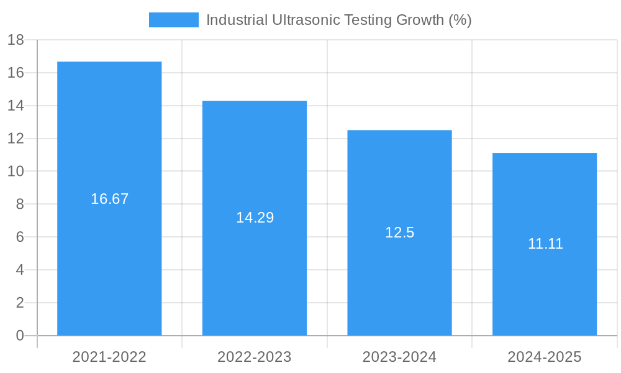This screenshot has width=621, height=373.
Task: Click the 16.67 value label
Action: [x=109, y=199]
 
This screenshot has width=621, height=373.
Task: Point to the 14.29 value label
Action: [x=255, y=218]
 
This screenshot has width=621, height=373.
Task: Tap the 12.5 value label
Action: [x=399, y=233]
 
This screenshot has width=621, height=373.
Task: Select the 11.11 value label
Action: [x=545, y=244]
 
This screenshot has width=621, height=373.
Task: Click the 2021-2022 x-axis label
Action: [x=109, y=357]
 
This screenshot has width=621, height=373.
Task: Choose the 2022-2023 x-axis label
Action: [x=255, y=357]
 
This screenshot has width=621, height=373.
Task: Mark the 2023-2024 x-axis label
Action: [x=399, y=357]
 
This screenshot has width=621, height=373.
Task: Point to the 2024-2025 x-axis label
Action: [x=545, y=357]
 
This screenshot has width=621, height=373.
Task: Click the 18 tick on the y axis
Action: [x=16, y=40]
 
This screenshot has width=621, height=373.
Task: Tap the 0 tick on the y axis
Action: [x=19, y=336]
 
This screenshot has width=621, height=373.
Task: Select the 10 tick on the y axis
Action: [x=16, y=172]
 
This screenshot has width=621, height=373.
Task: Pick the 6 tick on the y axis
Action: [x=19, y=237]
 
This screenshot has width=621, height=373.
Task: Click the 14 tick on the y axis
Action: [x=16, y=106]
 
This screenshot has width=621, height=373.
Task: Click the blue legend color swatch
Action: [x=174, y=20]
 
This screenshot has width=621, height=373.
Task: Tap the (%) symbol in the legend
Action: [x=460, y=20]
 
